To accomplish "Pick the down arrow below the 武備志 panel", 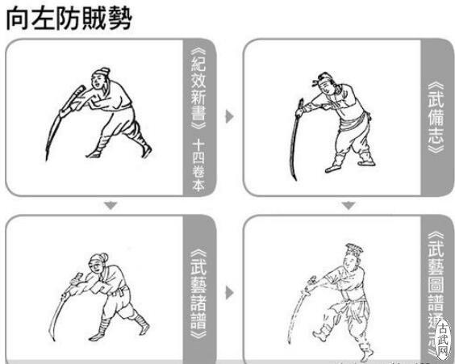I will (348, 206).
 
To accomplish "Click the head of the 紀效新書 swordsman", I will (99, 77).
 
